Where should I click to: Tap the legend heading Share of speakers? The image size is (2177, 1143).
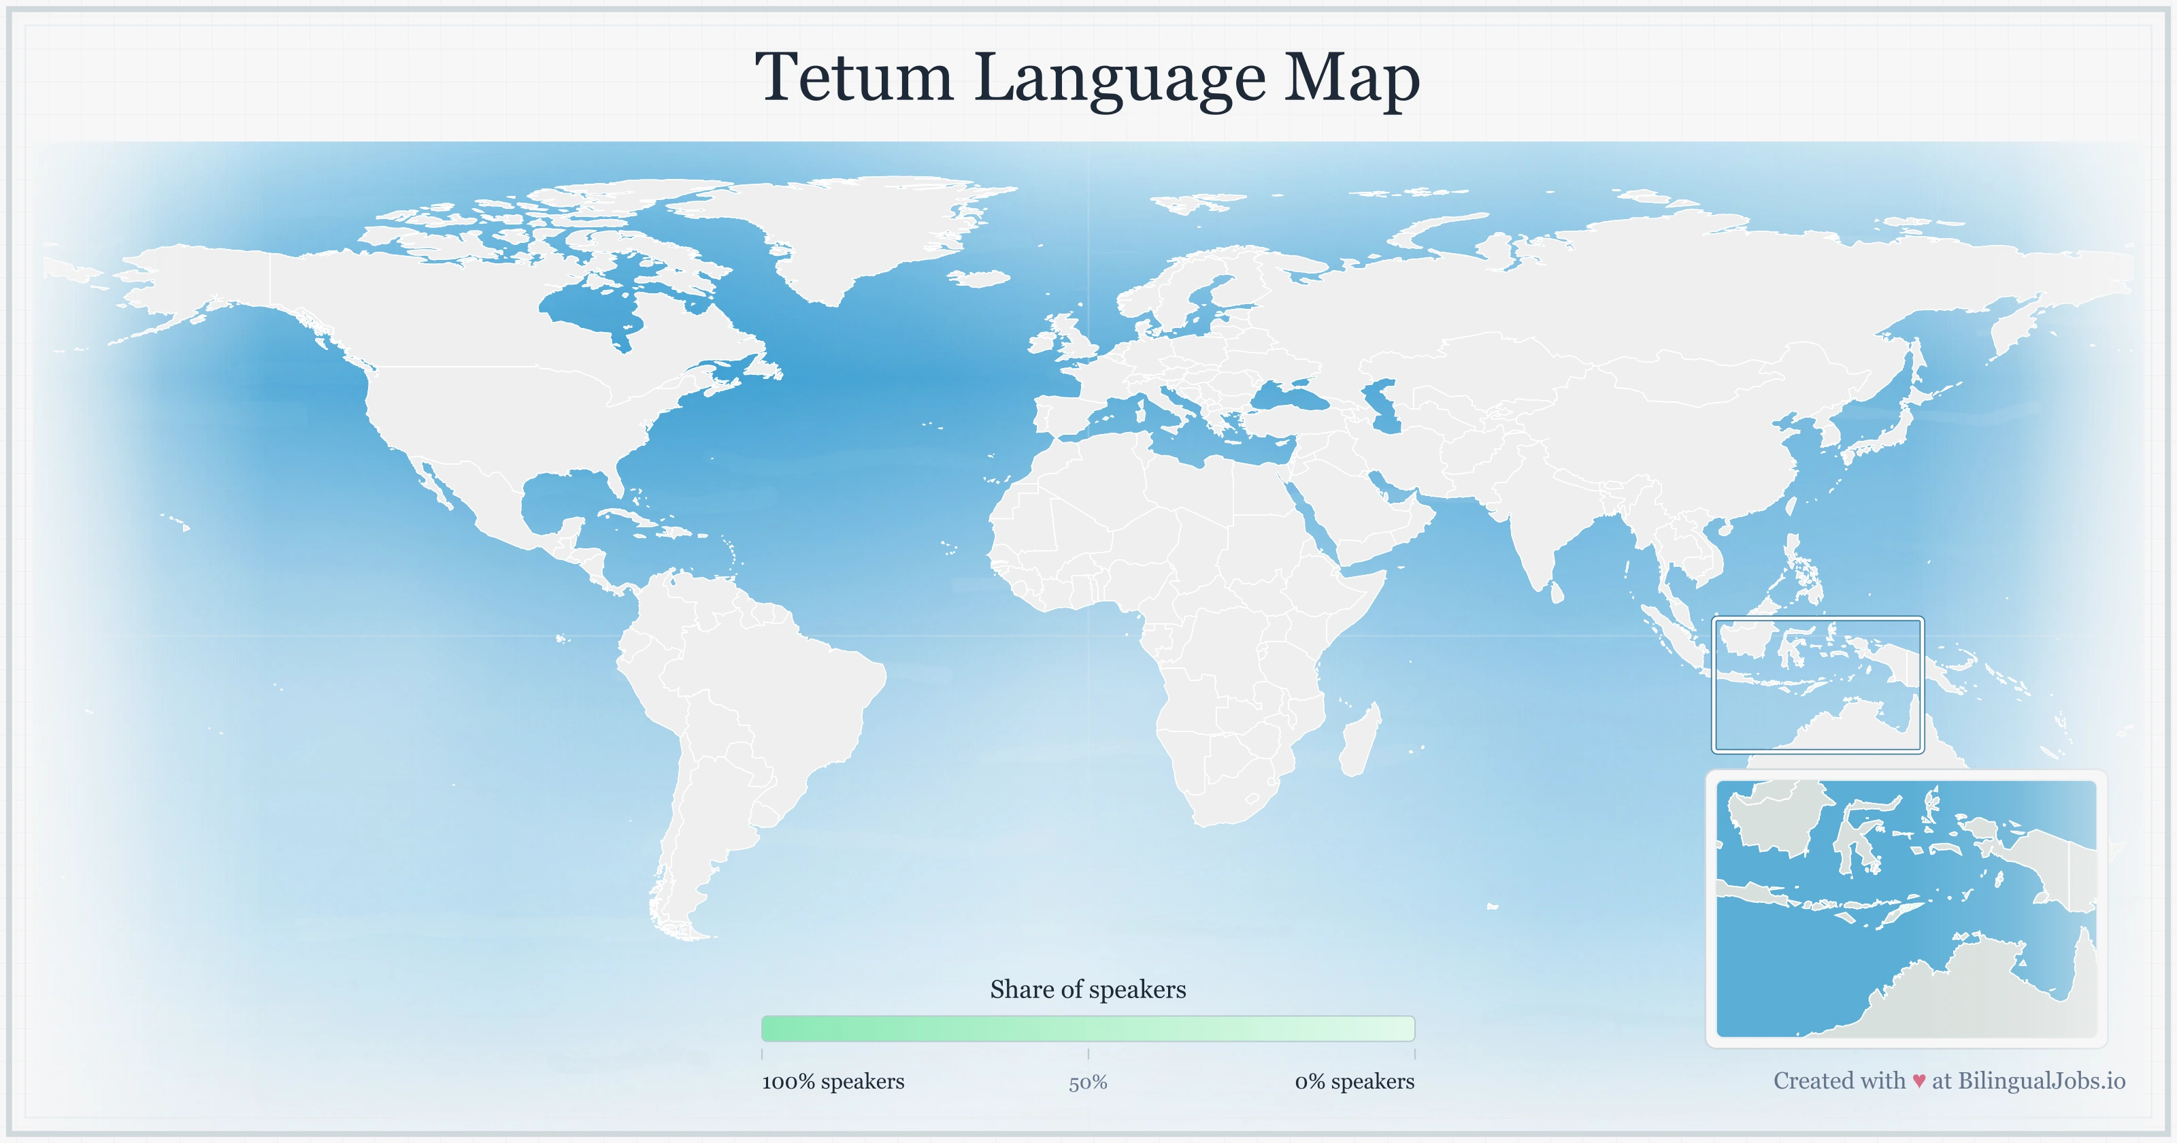tap(1088, 989)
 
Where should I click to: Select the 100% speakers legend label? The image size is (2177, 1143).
tap(833, 1081)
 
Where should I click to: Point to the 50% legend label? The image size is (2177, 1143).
tap(1088, 1082)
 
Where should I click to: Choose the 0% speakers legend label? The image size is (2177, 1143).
tap(1354, 1081)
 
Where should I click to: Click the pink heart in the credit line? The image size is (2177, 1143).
tap(1918, 1081)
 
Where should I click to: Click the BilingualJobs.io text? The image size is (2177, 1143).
tap(2041, 1080)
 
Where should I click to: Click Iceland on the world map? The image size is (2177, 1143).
tap(980, 278)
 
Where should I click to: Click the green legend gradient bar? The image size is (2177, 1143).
tap(1088, 1029)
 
